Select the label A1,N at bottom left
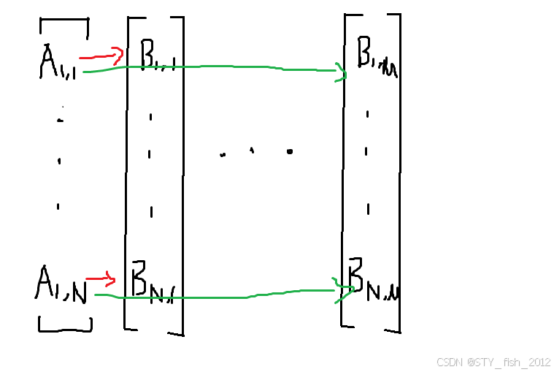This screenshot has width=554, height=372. (61, 283)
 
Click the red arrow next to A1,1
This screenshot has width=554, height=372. (101, 56)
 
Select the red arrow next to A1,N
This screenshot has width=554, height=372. (101, 278)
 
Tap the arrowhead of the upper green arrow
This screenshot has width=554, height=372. (340, 72)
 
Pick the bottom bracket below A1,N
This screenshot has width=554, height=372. (65, 324)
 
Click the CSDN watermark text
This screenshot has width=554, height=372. (493, 362)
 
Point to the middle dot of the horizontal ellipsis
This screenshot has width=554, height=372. (252, 151)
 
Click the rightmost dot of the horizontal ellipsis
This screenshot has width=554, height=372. (290, 152)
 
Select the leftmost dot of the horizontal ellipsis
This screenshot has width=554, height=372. (223, 154)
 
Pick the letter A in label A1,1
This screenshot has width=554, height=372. (50, 62)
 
